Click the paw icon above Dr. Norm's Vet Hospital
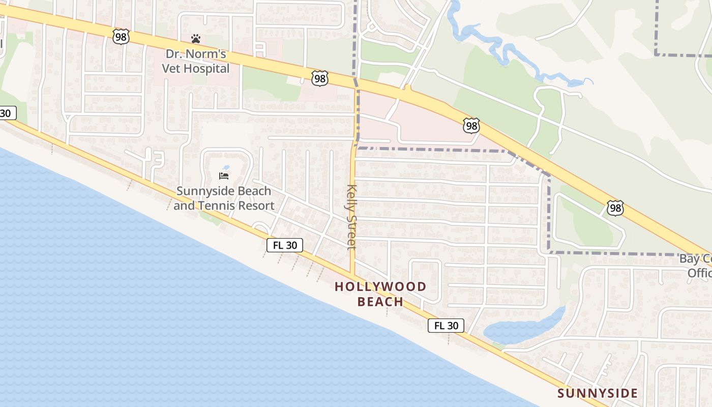pos(196,39)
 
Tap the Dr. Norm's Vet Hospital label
pos(196,61)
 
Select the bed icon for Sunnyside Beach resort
pos(224,176)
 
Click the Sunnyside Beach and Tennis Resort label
pos(224,198)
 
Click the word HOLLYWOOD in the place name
pos(380,286)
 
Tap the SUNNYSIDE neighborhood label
pos(597,393)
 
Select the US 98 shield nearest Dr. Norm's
pos(121,37)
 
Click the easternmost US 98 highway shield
pos(615,208)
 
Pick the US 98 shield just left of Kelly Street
pos(319,78)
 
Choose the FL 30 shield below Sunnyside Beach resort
pos(285,245)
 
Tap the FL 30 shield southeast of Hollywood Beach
pos(446,326)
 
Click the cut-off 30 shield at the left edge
pos(7,113)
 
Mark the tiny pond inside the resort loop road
pos(226,167)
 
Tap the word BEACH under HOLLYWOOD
pos(380,302)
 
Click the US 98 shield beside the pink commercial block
pos(471,125)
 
